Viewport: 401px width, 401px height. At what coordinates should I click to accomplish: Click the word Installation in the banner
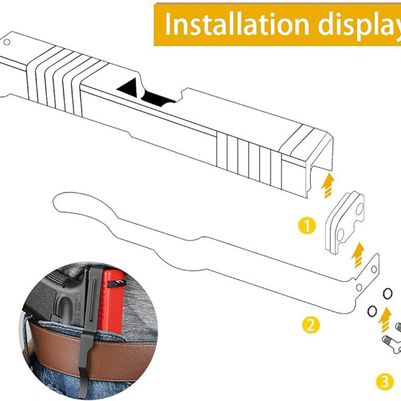[x=237, y=24]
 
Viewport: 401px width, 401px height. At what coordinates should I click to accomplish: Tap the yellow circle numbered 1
[x=307, y=225]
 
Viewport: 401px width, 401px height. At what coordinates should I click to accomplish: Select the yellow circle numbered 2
[x=311, y=325]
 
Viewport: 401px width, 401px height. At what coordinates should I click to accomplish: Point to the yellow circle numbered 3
[x=385, y=382]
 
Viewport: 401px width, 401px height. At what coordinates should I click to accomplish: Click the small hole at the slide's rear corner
[x=7, y=42]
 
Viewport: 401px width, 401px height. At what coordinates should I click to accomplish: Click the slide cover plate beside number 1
[x=344, y=223]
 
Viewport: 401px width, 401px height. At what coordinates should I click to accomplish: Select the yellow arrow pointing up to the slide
[x=328, y=185]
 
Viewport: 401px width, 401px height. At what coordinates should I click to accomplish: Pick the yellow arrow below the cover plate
[x=358, y=255]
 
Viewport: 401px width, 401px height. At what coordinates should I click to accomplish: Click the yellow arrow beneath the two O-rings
[x=385, y=320]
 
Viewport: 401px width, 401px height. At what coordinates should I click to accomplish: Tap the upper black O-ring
[x=387, y=293]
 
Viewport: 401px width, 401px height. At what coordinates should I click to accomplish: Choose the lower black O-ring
[x=372, y=311]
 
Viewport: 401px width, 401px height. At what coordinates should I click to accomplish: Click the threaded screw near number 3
[x=390, y=342]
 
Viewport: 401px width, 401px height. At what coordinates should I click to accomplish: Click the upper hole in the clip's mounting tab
[x=374, y=269]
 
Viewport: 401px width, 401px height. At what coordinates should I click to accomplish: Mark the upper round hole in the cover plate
[x=359, y=209]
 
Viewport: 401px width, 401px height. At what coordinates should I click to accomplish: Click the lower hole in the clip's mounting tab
[x=359, y=287]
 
